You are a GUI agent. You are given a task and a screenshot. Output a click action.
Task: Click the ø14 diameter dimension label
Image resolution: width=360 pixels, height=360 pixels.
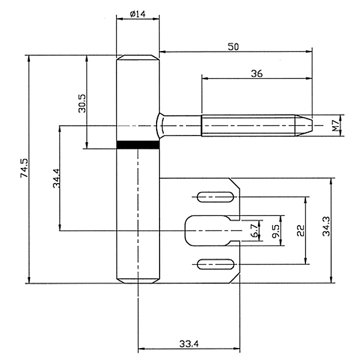point(137,14)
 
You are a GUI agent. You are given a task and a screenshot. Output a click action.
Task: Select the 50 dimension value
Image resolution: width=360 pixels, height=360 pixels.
point(233,47)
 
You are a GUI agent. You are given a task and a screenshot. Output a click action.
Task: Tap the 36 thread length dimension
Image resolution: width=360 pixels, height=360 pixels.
point(257,74)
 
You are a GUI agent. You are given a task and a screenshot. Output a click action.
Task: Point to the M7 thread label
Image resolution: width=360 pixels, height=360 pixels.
point(336,125)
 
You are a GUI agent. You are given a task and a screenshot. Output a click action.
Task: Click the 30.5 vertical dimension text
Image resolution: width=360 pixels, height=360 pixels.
point(82,103)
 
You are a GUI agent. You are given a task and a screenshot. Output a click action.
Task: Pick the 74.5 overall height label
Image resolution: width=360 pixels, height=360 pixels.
point(24,168)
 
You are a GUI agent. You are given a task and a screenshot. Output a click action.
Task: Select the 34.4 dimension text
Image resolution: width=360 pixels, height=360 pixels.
point(56,178)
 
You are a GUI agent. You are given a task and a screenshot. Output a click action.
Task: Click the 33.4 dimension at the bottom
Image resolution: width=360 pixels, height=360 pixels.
point(189,344)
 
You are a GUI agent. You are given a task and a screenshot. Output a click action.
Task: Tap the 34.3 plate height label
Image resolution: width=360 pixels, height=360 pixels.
point(326,226)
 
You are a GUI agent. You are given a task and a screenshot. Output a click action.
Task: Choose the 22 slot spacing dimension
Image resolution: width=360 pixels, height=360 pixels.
point(301,230)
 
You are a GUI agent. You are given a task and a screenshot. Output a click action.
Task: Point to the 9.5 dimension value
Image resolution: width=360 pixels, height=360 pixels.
point(276,231)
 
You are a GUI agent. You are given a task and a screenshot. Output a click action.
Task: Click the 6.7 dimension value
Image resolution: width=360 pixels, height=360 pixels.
point(254,231)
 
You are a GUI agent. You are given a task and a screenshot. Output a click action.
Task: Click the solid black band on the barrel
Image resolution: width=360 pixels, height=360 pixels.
point(138,145)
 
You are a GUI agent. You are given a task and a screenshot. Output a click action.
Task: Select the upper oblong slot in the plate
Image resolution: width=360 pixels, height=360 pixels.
point(215,197)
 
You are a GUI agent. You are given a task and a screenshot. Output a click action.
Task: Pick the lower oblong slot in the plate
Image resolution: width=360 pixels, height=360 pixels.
point(215,264)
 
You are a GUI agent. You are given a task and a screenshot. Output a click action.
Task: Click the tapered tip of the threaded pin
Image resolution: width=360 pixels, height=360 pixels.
point(304,125)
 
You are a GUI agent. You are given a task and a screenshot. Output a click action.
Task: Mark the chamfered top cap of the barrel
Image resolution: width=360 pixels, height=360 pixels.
point(138,58)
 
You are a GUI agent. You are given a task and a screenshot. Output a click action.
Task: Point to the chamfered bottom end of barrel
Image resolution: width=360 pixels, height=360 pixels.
point(138,281)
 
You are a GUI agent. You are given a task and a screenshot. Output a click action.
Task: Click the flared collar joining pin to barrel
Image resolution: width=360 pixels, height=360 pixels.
point(160,125)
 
